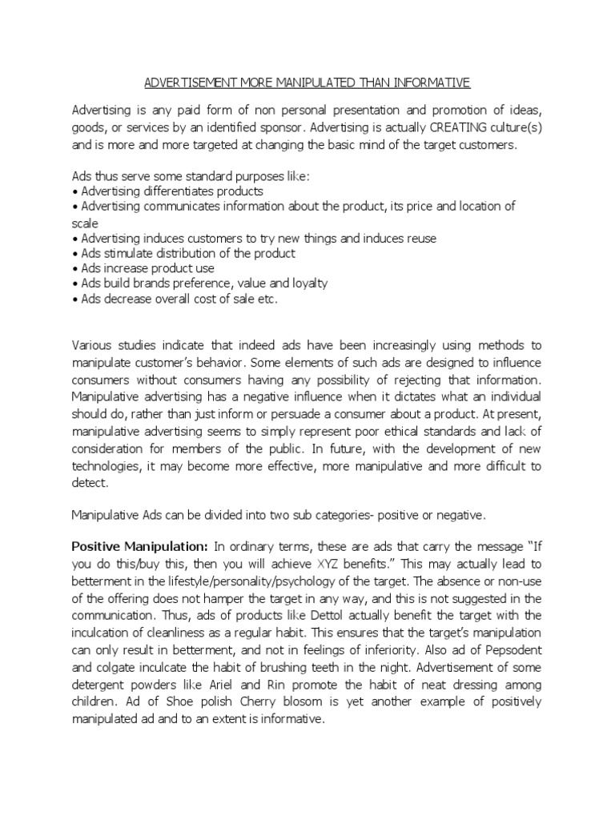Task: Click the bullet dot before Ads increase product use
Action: click(74, 269)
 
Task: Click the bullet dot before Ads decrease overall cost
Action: click(74, 299)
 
